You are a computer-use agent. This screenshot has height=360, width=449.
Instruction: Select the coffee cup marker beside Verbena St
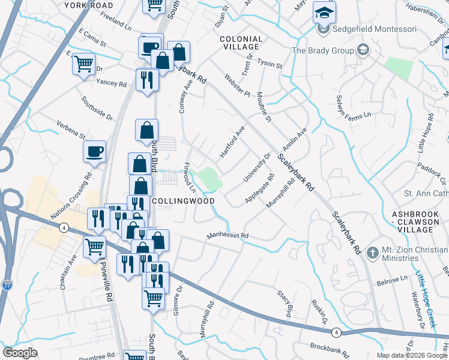95,152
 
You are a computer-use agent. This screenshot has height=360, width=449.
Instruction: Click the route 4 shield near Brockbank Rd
337,332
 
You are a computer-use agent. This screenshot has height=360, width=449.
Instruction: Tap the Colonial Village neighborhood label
241,43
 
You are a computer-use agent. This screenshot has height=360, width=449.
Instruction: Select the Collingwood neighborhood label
183,201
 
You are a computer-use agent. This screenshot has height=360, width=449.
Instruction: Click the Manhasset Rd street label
228,236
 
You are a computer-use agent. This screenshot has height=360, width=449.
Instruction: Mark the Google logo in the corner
20,353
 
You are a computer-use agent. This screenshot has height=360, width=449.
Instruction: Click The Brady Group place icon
362,50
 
